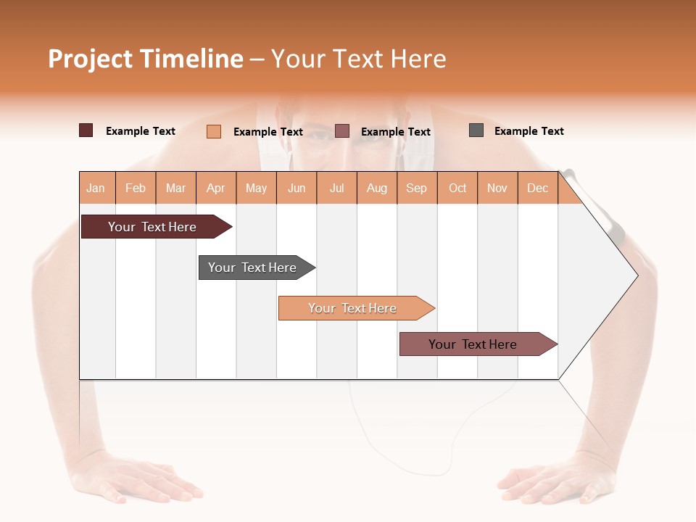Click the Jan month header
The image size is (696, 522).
[x=96, y=188]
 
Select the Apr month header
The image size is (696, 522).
[x=215, y=188]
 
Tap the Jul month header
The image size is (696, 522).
[x=336, y=188]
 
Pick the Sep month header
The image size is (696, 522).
[x=416, y=188]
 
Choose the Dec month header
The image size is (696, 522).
[x=537, y=188]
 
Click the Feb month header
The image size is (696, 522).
[x=136, y=188]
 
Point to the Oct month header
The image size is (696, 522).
[x=457, y=188]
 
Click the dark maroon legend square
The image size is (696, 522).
[x=86, y=130]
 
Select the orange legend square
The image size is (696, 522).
[x=213, y=131]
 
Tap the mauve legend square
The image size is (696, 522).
[x=342, y=130]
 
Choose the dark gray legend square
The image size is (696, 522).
[x=476, y=130]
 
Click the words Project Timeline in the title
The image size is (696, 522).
[x=145, y=59]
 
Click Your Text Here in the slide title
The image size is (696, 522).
[x=358, y=59]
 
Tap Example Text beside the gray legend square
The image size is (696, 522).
[x=529, y=131]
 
